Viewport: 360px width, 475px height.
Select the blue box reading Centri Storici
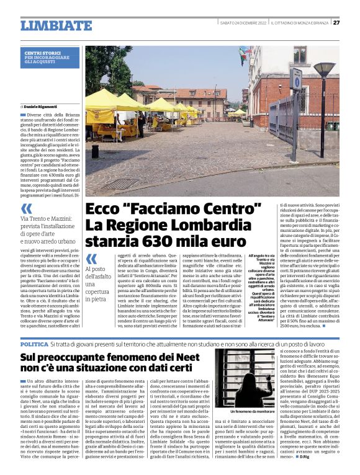(52, 58)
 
